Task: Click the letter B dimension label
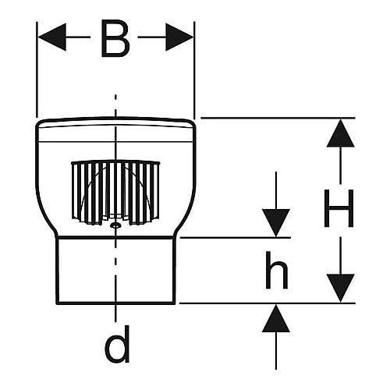click(115, 38)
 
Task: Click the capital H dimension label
click(339, 208)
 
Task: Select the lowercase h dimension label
click(276, 270)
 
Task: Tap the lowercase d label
click(118, 344)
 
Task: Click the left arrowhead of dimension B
click(52, 37)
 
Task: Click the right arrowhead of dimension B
click(179, 37)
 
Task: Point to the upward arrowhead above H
click(340, 133)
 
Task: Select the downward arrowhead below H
click(340, 288)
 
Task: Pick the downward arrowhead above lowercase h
click(276, 223)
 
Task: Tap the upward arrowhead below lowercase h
click(276, 318)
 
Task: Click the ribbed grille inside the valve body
click(115, 193)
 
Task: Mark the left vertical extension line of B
click(37, 69)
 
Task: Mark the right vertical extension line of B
click(194, 69)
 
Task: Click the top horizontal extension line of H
click(278, 118)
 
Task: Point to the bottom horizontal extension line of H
click(268, 303)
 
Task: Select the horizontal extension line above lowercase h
click(235, 238)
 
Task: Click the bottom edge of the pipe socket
click(115, 303)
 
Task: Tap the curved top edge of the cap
click(115, 118)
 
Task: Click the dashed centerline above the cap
click(115, 105)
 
